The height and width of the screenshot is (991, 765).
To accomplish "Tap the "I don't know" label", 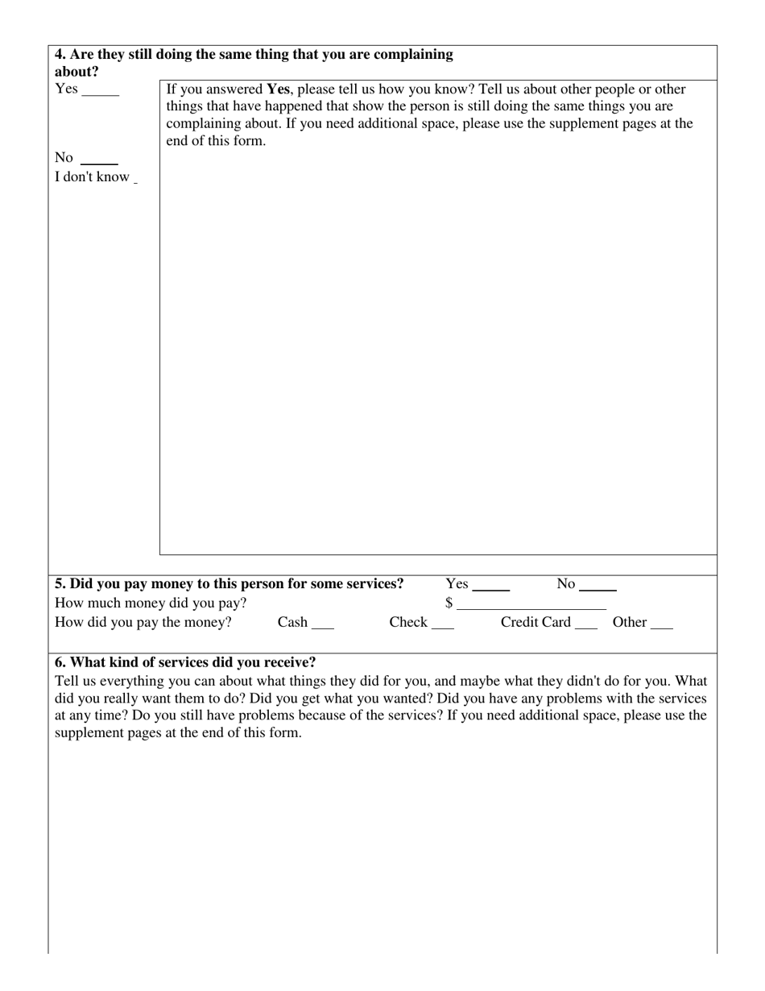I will (92, 177).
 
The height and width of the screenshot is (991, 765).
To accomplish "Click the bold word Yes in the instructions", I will (278, 89).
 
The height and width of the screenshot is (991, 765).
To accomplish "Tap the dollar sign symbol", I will (449, 603).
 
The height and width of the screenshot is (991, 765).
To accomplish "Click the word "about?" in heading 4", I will (76, 72).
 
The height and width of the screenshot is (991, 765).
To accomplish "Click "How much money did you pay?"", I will (151, 603).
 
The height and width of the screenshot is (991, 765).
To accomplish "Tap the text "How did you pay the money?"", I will (143, 623).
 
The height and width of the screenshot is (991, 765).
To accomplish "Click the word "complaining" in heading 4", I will (413, 55).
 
